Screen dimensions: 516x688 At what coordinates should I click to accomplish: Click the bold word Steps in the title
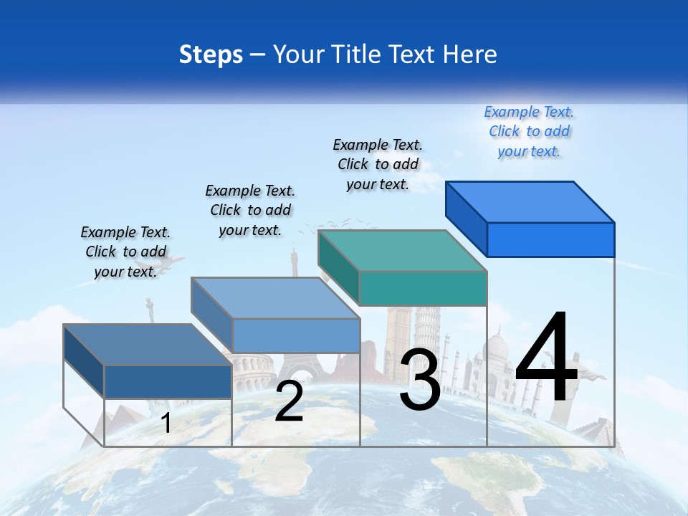211,54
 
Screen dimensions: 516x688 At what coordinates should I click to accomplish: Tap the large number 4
546,358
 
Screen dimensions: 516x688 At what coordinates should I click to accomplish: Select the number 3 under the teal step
420,380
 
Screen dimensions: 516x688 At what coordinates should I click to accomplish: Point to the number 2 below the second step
289,401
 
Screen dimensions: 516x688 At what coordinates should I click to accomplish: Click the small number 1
166,423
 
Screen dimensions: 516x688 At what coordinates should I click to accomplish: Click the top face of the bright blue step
530,201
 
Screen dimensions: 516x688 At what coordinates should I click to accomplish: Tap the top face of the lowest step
148,345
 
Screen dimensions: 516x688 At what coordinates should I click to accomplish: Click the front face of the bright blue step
550,239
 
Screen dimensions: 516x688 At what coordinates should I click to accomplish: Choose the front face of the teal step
423,288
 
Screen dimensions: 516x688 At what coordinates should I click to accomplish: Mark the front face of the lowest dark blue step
168,381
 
